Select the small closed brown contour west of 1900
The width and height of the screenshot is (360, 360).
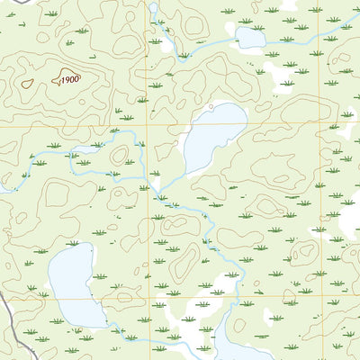(27, 84)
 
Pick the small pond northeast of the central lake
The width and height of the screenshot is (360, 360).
(250, 37)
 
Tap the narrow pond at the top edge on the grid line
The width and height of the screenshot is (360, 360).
(152, 10)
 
